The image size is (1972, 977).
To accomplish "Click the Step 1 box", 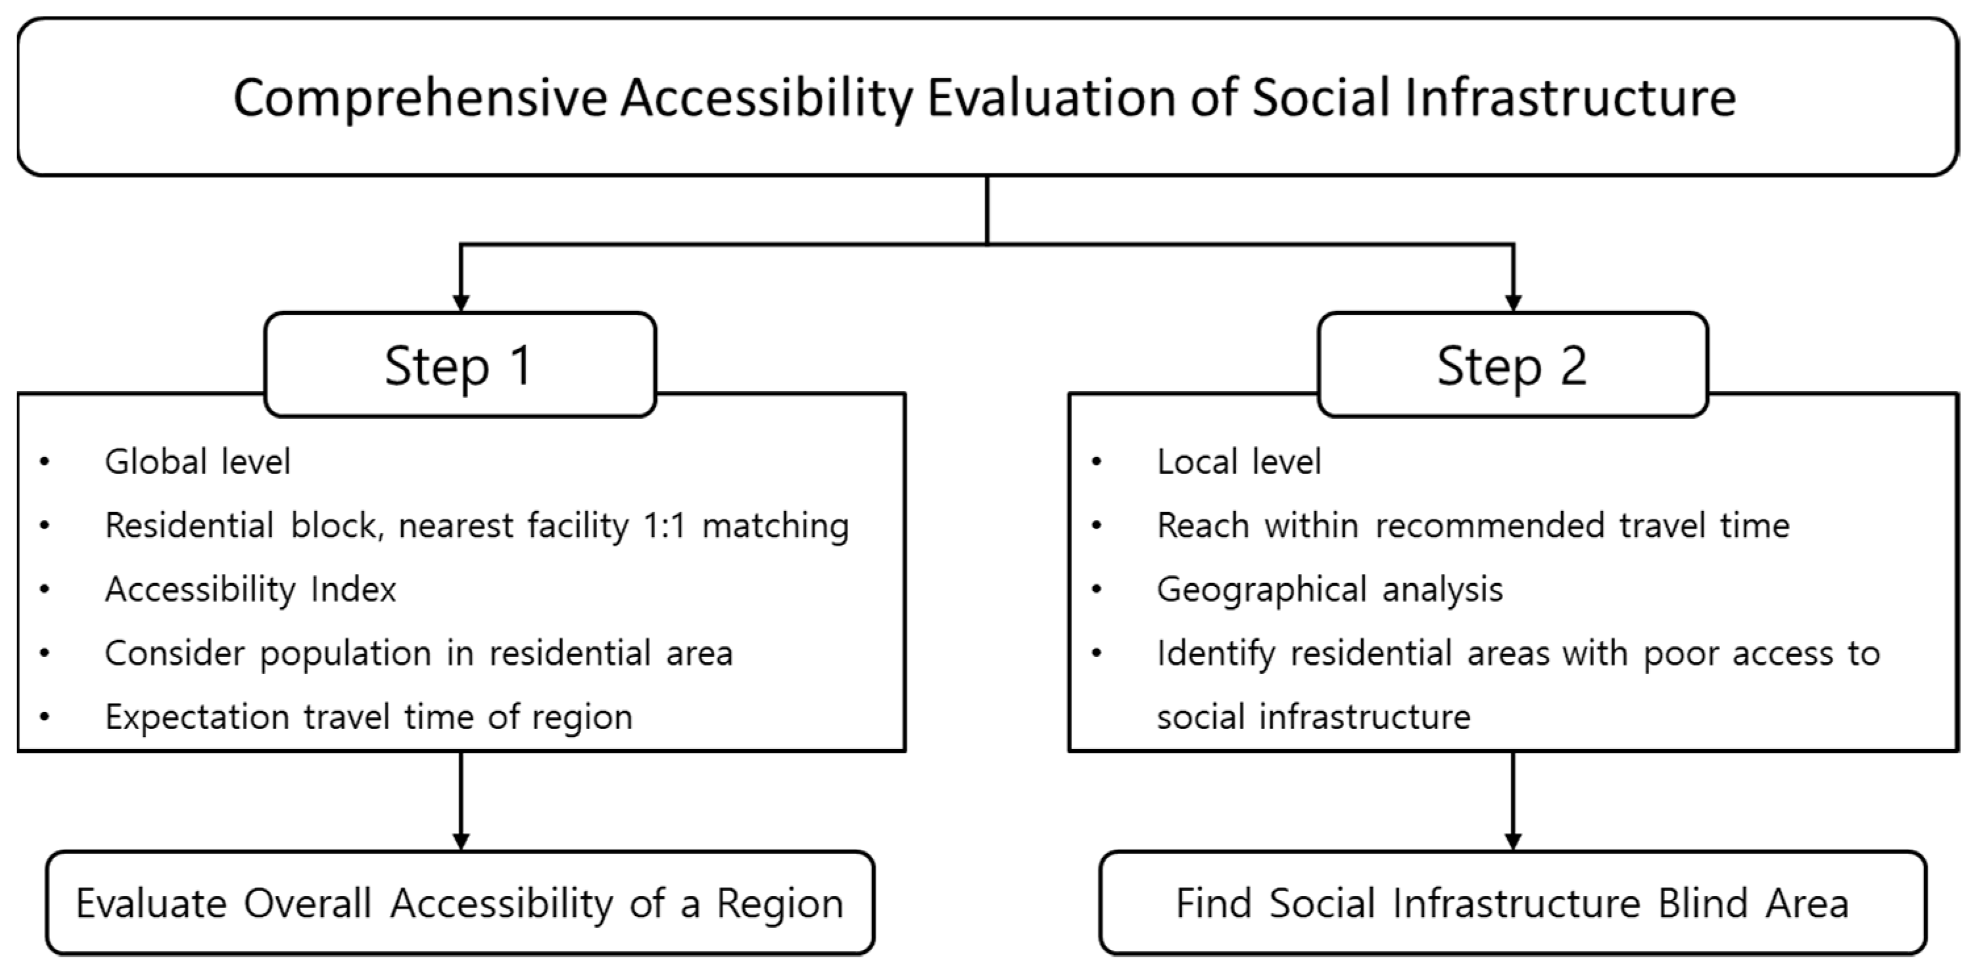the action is [460, 364].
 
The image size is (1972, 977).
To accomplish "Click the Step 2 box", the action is [1512, 364].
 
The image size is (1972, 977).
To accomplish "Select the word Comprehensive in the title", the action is [420, 99].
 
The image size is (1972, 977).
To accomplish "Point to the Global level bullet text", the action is [197, 462].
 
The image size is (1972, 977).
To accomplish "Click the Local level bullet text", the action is [1239, 462].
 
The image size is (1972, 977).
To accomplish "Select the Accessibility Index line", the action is [251, 590].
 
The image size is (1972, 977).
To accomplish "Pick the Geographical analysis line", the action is [1330, 590].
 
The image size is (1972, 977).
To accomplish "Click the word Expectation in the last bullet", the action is [196, 718].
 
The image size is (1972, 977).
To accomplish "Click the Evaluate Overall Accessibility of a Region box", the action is [460, 903].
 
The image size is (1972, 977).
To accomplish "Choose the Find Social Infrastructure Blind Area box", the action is [1512, 903].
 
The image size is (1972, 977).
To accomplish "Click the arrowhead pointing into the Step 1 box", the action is [461, 302].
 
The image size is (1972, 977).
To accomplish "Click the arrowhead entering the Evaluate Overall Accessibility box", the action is [461, 842].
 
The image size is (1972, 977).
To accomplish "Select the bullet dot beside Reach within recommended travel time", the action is [1096, 526].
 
